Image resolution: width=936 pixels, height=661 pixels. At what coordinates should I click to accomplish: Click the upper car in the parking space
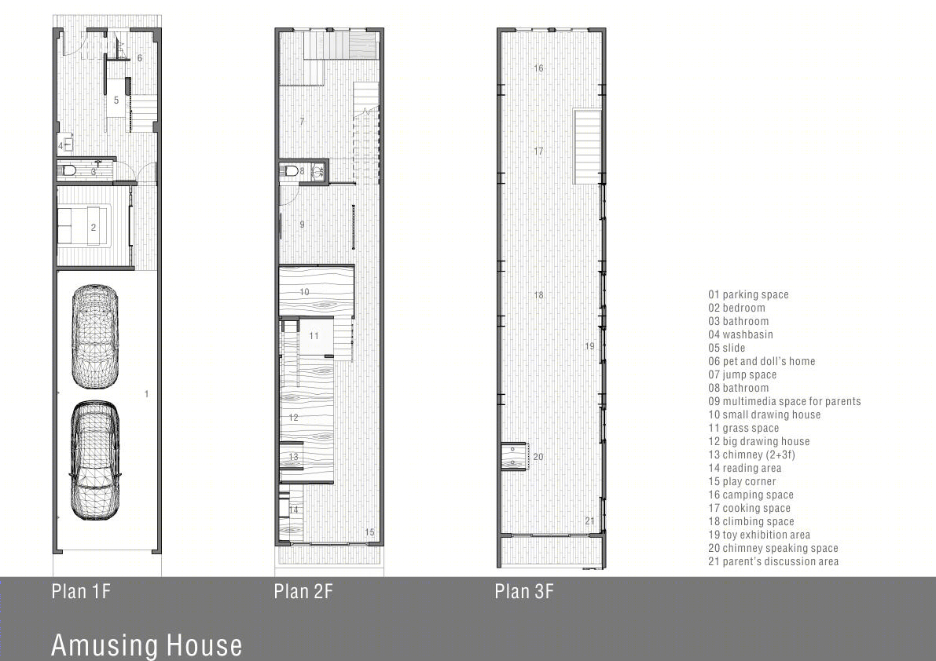point(95,337)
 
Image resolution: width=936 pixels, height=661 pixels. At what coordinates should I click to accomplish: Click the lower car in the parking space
point(96,461)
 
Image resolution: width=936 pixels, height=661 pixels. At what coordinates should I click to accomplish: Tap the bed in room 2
point(83,225)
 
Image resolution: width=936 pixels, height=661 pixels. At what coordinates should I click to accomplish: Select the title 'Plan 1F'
point(81,591)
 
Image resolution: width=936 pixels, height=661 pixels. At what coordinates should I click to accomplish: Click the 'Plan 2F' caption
point(303,591)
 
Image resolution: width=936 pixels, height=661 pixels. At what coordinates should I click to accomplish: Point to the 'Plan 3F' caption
point(524,591)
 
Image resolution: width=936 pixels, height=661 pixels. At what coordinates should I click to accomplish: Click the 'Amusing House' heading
point(147,645)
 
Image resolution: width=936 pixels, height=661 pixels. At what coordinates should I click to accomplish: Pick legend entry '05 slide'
point(726,348)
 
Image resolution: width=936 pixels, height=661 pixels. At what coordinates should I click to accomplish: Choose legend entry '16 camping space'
point(751,495)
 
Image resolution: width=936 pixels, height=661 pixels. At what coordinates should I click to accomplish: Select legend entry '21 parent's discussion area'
point(773,561)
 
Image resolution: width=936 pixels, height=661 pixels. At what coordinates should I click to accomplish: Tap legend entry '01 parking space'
point(748,294)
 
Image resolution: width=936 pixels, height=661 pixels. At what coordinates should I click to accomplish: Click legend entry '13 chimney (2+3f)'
point(751,455)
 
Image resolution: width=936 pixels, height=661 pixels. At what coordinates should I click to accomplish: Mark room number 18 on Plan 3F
point(538,294)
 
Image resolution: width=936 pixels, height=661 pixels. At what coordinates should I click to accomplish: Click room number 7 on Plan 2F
point(302,121)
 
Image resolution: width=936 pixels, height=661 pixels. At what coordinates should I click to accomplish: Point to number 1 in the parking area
point(146,393)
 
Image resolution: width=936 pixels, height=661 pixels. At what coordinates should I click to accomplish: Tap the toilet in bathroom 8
point(292,171)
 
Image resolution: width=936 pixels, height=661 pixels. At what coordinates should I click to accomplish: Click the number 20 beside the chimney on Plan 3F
point(538,457)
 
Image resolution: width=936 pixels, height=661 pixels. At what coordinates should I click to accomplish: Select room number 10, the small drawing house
point(304,292)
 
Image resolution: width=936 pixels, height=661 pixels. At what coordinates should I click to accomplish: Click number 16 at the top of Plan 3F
point(538,68)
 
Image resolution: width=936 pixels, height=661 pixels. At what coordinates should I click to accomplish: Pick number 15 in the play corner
point(369,532)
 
